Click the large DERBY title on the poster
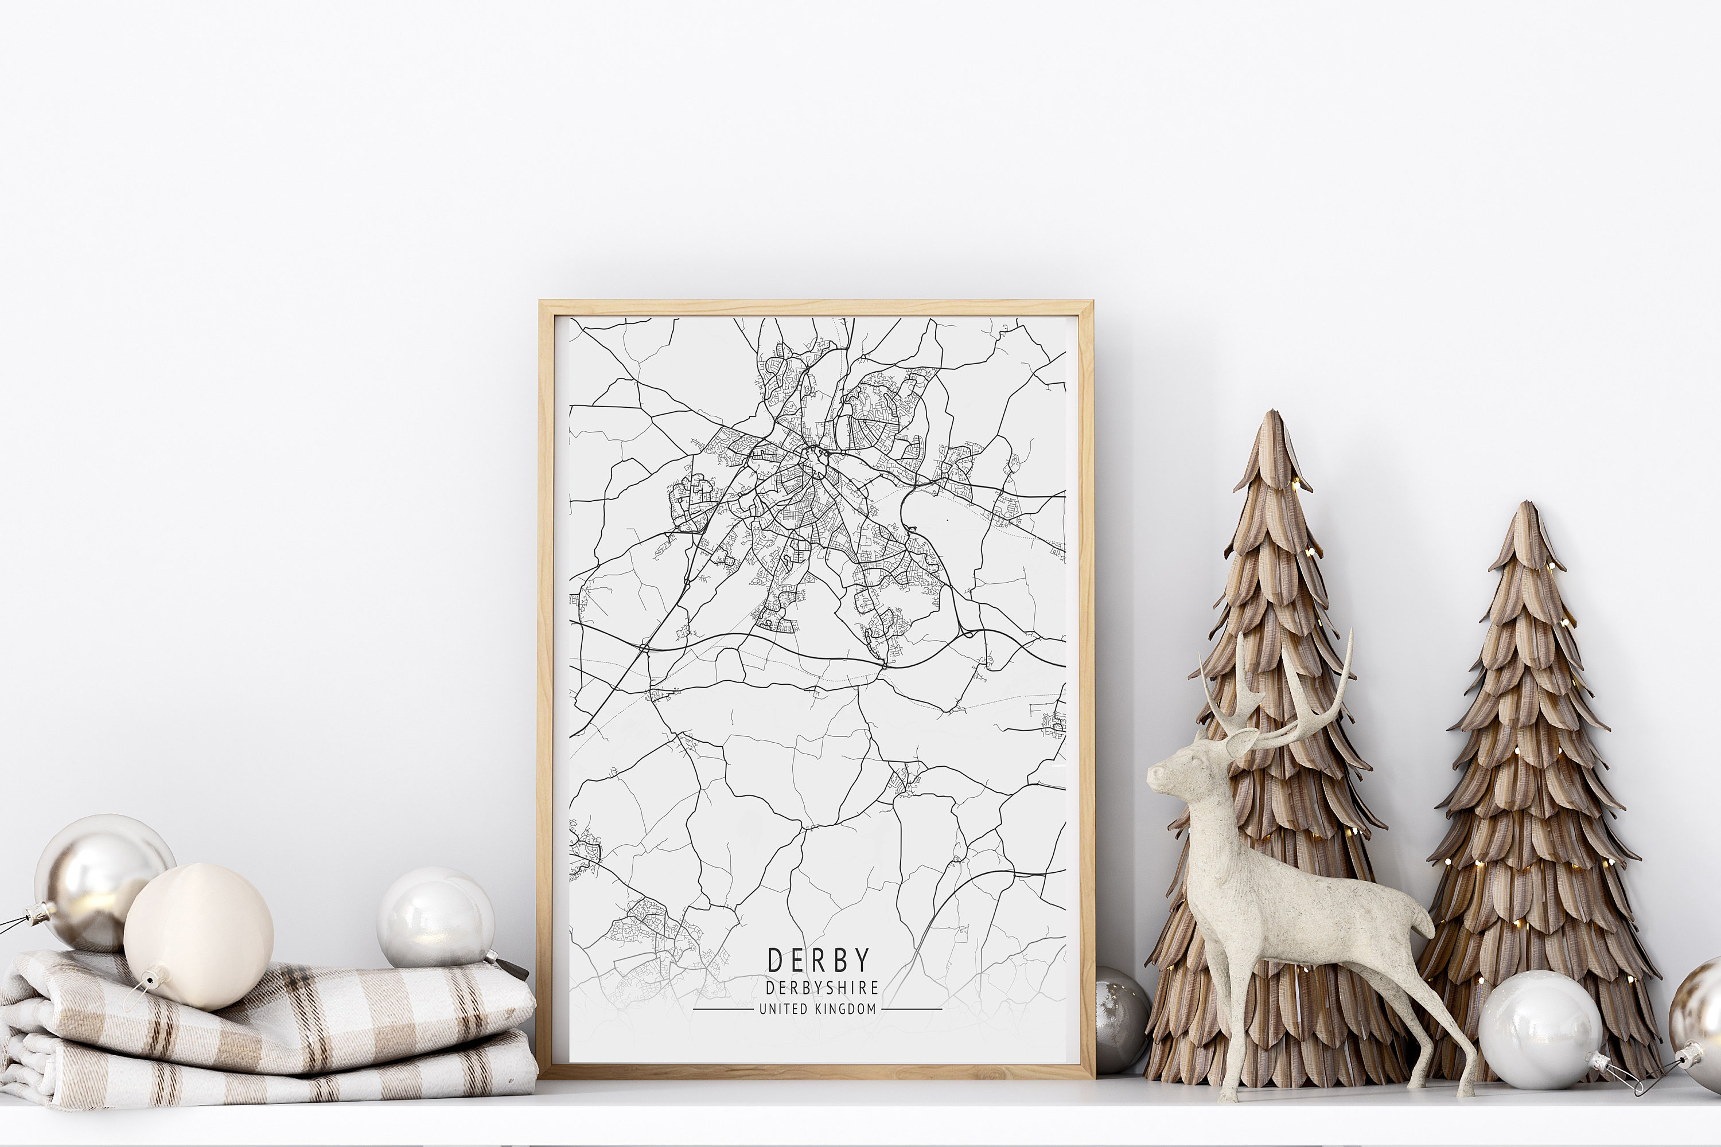tap(818, 961)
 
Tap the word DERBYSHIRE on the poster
tap(821, 988)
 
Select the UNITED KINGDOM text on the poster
tap(817, 1009)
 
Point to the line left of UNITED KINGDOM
tap(722, 1009)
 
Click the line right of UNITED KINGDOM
tap(912, 1009)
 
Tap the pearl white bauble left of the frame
tap(435, 918)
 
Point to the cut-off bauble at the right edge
tap(1701, 1009)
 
